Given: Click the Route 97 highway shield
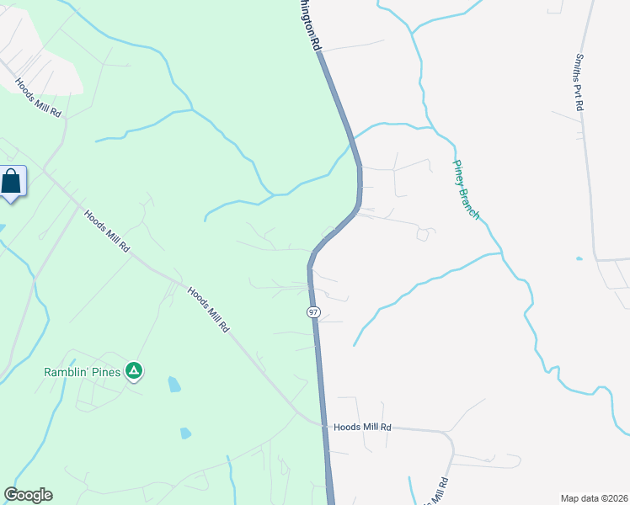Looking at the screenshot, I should click(313, 312).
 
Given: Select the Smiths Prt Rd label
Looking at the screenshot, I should click(579, 82).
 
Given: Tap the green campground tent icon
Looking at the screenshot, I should click(133, 370).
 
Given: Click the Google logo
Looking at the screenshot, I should click(28, 495).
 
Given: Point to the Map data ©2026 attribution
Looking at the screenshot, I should click(594, 498).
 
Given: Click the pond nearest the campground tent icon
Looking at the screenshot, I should click(174, 385).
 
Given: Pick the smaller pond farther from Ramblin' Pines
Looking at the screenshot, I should click(185, 433).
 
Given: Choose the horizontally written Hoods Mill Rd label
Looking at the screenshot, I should click(362, 428).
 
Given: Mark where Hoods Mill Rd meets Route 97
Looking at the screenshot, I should click(323, 425).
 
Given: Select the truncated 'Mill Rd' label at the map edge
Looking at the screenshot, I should click(435, 489).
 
